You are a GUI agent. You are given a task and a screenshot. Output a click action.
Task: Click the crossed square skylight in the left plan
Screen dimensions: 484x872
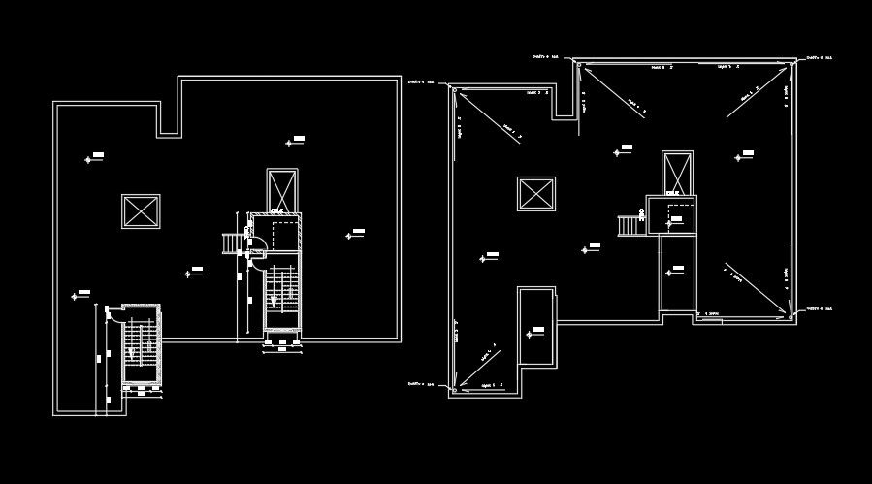140,210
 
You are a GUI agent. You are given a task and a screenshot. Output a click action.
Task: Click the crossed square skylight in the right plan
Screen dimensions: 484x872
536,193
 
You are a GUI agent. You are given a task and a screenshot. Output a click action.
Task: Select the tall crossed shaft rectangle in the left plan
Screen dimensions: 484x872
282,191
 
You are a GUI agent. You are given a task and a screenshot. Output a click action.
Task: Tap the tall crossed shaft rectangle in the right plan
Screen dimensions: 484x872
678,173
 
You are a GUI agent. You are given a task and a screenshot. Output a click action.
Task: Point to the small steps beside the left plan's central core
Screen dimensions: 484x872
234,242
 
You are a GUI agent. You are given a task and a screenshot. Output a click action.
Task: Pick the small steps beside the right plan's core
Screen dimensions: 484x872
630,224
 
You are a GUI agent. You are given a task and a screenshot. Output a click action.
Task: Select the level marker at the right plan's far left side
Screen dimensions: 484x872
486,257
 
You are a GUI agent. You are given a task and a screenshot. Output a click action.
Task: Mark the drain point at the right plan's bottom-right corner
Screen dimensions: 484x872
792,314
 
